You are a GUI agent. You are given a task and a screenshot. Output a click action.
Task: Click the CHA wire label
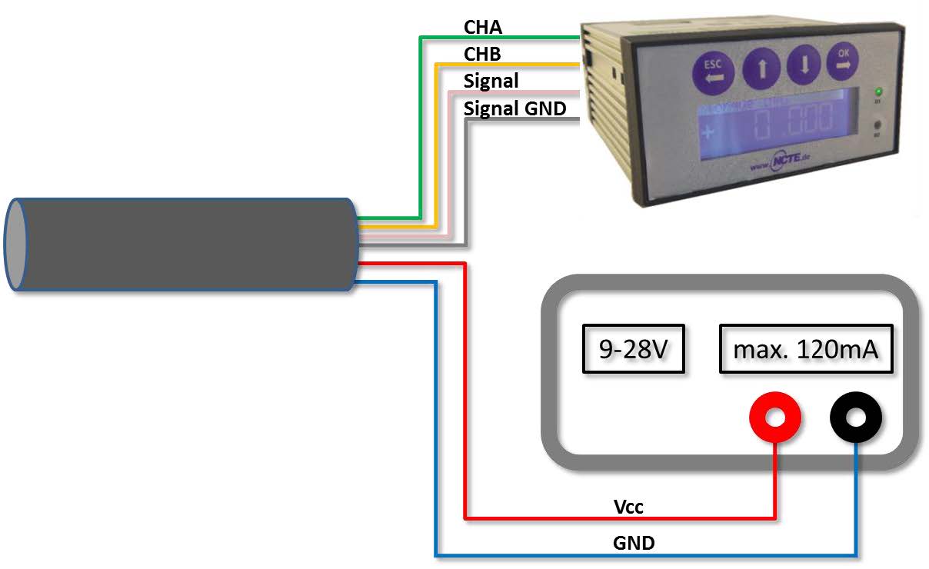coord(482,28)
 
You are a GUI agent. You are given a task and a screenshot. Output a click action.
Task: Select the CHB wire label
coord(482,55)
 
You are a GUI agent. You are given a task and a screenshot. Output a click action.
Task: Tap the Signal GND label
coord(514,108)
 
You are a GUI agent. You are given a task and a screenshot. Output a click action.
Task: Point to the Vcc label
coord(628,507)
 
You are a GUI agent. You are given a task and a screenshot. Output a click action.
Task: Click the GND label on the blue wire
coord(634,543)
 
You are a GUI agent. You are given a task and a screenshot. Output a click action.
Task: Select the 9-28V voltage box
coord(633,351)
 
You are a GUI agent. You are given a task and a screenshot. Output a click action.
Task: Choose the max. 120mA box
coord(806,351)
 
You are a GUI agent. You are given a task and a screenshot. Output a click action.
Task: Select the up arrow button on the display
coord(761,68)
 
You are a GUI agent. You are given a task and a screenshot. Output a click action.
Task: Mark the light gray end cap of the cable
coord(15,245)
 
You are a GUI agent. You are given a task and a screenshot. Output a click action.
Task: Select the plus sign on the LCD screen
coord(708,131)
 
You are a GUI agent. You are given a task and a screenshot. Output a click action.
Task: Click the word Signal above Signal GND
coord(491,81)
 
